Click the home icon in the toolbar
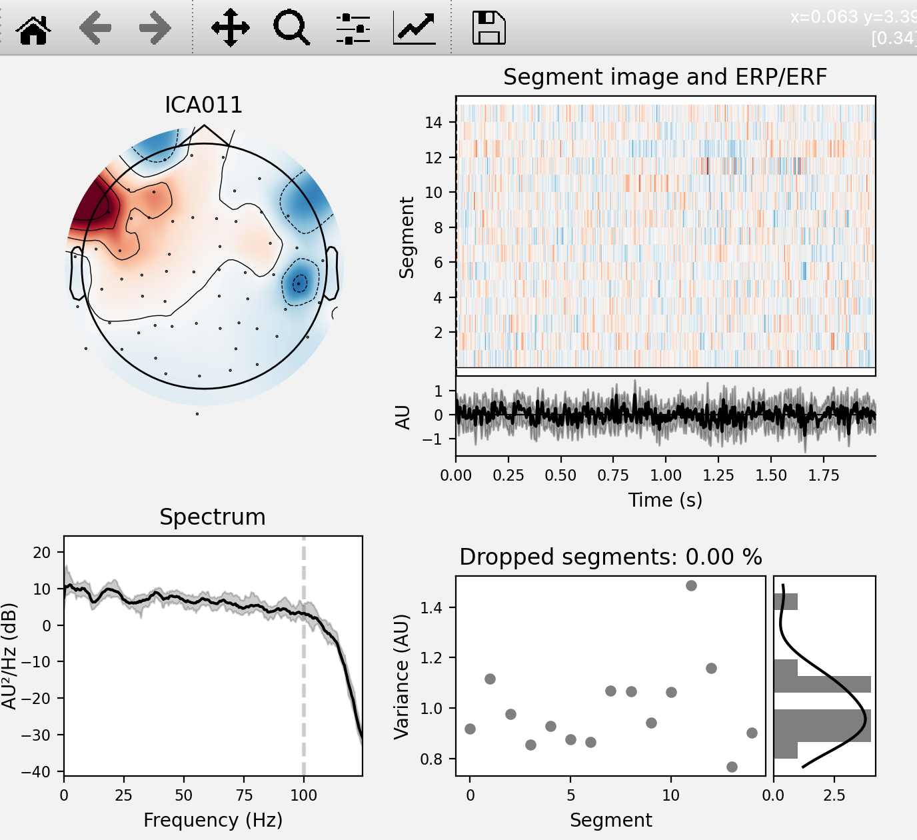pos(33,29)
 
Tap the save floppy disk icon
pos(488,28)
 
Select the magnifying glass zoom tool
pos(291,28)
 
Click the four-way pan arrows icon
pos(230,28)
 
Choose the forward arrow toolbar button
pos(155,28)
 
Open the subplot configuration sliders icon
pos(353,28)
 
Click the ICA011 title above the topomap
pos(203,105)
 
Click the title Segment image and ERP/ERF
pos(664,77)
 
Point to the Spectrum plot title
pos(212,517)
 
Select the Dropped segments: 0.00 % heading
pos(610,557)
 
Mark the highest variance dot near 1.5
pos(691,585)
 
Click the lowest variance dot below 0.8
pos(732,767)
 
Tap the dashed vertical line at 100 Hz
pos(304,667)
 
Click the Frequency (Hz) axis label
pos(213,819)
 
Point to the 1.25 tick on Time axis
pos(718,475)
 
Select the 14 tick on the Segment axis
pos(433,122)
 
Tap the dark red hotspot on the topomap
pos(90,203)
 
